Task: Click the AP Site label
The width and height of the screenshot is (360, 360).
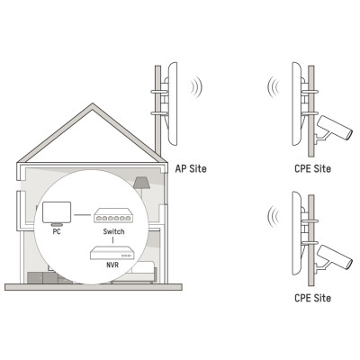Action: click(191, 168)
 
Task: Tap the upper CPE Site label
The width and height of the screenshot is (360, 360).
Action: click(313, 168)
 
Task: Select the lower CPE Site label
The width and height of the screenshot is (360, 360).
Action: click(313, 298)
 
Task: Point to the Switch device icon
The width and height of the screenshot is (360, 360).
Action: click(113, 216)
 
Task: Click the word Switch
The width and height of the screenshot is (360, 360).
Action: click(113, 231)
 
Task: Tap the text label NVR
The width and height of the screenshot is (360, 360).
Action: click(112, 265)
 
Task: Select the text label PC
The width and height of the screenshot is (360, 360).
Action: click(57, 232)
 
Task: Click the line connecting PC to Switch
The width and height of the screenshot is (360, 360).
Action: click(82, 215)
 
